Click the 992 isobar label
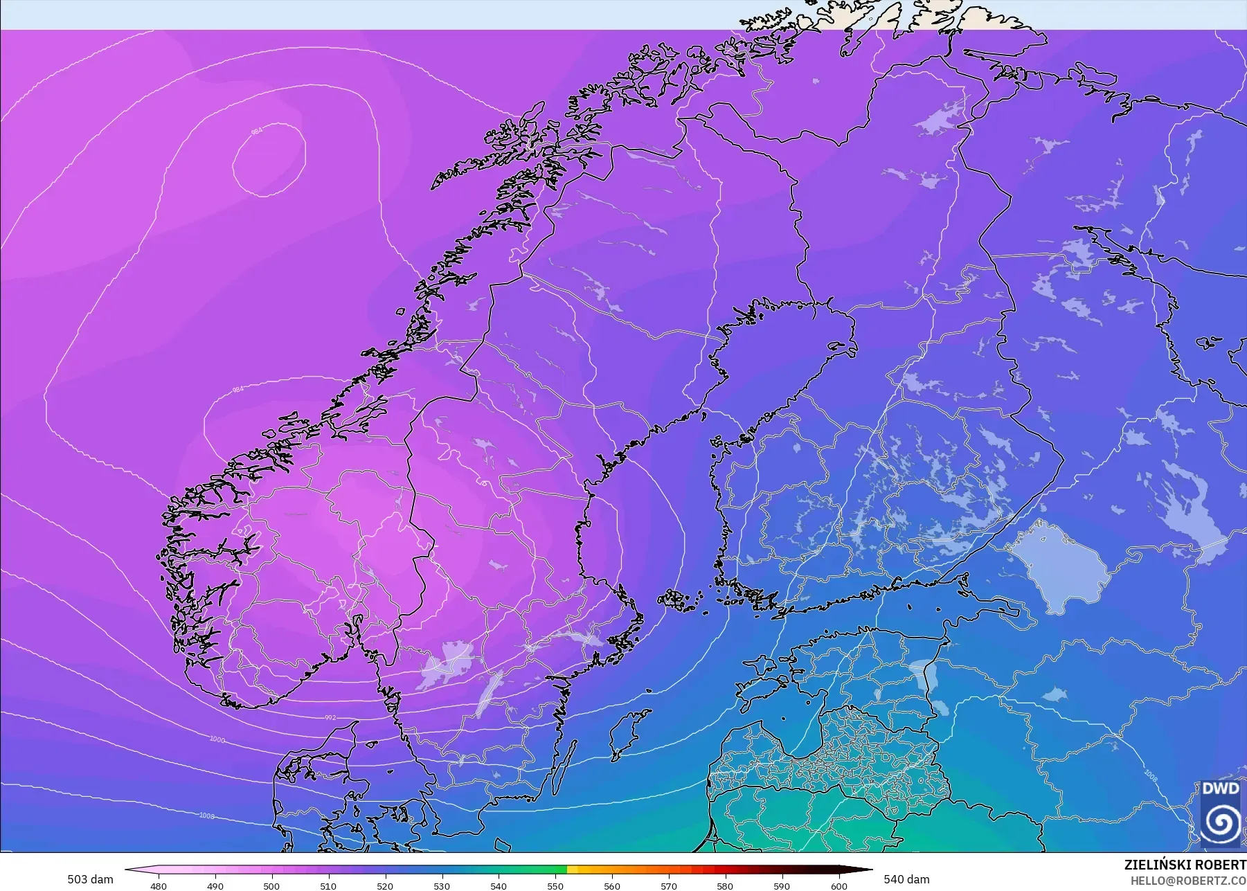click(x=331, y=718)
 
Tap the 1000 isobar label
click(x=217, y=739)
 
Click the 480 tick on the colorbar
click(x=159, y=886)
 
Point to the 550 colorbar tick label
click(x=555, y=886)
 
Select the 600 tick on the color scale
click(x=838, y=886)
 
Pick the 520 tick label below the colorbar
click(x=385, y=886)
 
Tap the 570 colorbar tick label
click(x=669, y=886)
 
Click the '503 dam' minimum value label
click(x=90, y=879)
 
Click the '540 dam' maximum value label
click(x=906, y=879)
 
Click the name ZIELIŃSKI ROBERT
click(x=1185, y=865)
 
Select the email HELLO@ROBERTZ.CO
click(x=1188, y=881)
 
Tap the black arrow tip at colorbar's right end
click(x=869, y=870)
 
